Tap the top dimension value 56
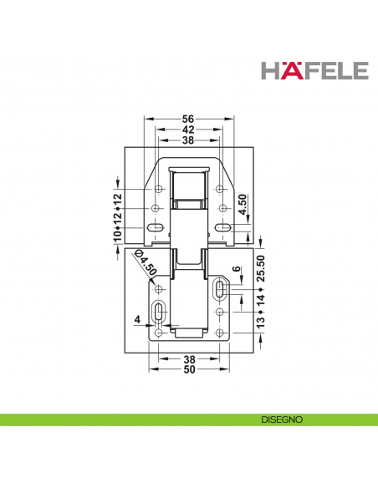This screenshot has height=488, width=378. point(189,119)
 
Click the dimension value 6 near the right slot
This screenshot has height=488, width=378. point(237,272)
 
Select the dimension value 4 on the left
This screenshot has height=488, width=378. point(135,318)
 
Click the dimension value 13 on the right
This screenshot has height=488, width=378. point(260,322)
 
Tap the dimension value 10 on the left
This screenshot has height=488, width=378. point(118,238)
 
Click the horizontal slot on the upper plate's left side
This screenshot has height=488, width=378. point(155,228)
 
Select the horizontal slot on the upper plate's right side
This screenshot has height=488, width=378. point(222,228)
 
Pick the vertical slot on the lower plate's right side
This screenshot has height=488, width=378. point(219,290)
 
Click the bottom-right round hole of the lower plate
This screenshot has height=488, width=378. point(219,333)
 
